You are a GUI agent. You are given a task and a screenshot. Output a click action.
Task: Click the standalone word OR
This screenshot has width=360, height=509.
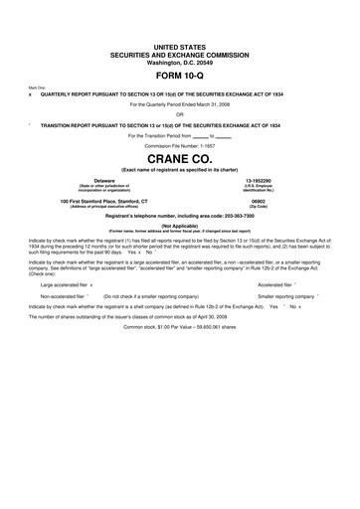180,112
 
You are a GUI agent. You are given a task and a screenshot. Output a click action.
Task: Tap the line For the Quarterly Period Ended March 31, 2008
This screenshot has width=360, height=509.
180,102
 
